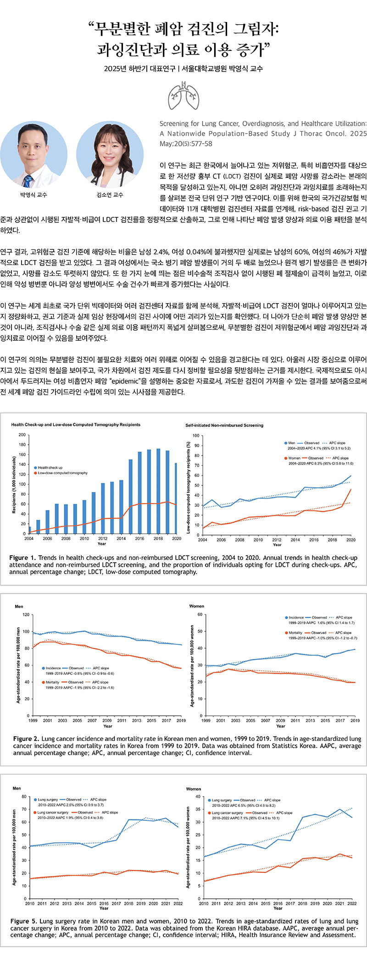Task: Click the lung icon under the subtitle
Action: tap(183, 96)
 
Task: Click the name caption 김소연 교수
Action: tap(110, 195)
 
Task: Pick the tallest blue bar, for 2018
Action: tap(158, 491)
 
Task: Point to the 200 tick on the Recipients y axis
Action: tap(22, 435)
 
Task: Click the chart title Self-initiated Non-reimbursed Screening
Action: tap(224, 425)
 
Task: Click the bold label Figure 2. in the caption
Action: tap(26, 739)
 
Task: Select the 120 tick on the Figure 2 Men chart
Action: tap(26, 614)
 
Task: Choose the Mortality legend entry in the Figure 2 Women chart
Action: tap(296, 633)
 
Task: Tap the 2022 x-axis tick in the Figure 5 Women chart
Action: tap(352, 903)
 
